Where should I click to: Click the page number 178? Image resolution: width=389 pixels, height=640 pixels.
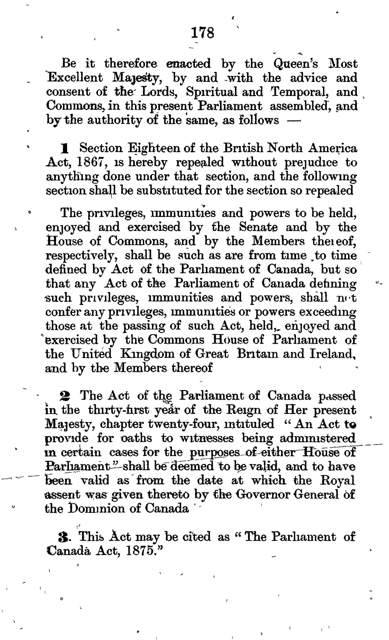[x=202, y=33]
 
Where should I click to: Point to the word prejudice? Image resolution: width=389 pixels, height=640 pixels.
[x=311, y=163]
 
